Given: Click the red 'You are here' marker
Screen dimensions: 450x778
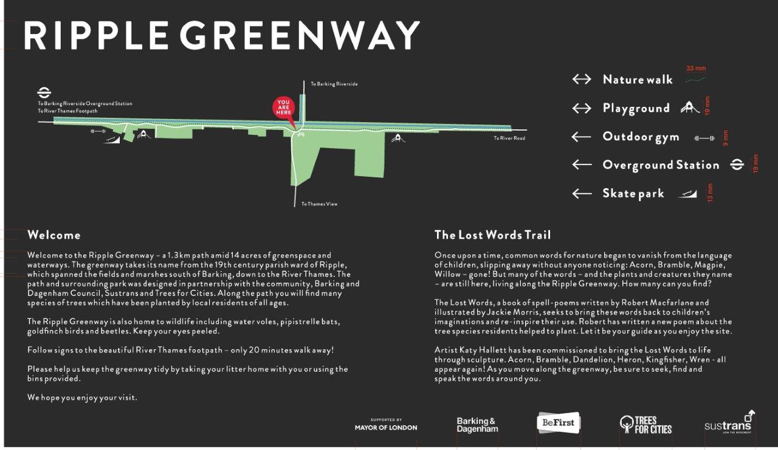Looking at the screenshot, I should tap(284, 108).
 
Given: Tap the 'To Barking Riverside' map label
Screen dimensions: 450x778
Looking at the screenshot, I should tap(334, 84).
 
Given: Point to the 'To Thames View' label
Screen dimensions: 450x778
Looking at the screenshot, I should tap(319, 204).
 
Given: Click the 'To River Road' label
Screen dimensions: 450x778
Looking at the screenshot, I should tap(509, 138).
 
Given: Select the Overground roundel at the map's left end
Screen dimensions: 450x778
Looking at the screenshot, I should tap(44, 93).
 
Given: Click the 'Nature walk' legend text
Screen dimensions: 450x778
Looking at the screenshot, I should tap(638, 80).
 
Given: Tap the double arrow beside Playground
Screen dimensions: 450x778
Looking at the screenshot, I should tap(582, 108).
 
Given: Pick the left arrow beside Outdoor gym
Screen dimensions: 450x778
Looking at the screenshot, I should tap(582, 137).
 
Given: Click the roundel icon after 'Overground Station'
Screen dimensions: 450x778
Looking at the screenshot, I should tap(737, 165).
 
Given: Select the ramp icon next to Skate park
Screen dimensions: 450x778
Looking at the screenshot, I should tap(687, 194).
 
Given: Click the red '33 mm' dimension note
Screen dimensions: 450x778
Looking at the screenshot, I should tap(696, 69).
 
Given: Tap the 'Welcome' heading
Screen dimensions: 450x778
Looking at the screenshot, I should tap(53, 235).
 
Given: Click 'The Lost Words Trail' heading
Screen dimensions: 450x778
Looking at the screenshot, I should tap(492, 235).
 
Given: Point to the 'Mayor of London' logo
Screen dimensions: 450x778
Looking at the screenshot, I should tap(386, 424).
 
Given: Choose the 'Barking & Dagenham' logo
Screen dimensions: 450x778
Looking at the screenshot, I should tap(477, 424).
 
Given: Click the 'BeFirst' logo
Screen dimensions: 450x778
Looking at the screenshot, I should tap(559, 423).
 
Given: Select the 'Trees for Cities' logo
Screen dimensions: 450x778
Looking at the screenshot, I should tap(645, 424).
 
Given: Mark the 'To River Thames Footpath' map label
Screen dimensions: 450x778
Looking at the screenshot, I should tap(67, 111).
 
